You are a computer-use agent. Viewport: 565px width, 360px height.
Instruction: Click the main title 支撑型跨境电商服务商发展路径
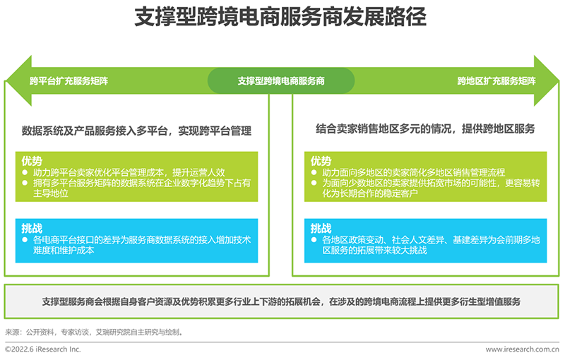coord(280,16)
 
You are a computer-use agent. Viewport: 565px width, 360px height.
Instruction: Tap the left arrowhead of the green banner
coord(18,80)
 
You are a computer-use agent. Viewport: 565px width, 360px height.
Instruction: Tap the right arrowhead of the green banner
coord(546,80)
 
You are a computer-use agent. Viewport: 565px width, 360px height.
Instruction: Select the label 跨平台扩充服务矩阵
coord(69,80)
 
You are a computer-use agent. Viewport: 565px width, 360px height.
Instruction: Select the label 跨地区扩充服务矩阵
coord(496,80)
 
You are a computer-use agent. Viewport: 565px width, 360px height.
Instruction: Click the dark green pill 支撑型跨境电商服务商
coord(281,80)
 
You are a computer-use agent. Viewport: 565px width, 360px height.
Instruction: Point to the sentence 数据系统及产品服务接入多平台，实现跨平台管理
coord(136,131)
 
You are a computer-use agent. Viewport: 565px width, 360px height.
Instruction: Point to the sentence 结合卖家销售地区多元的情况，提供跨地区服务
coord(426,128)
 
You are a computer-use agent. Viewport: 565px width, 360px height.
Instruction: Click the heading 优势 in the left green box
coord(32,160)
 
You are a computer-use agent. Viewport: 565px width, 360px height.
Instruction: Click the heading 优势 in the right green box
coord(321,160)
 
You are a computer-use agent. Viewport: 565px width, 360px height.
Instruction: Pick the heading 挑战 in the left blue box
coord(32,228)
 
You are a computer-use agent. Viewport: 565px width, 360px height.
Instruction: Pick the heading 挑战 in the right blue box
coord(321,228)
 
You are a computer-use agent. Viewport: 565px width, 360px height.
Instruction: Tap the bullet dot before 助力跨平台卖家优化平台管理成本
coord(25,172)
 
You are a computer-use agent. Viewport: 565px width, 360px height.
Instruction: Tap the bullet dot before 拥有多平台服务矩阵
coord(25,183)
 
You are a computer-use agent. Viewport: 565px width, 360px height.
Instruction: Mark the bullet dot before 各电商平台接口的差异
coord(25,239)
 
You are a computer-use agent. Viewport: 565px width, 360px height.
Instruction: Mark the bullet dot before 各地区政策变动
coord(314,239)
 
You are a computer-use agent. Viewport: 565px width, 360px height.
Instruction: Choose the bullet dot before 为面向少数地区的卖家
coord(314,183)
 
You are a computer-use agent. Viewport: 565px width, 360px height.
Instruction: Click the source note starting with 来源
coord(95,332)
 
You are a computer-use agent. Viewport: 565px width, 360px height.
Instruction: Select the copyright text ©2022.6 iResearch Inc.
coord(43,349)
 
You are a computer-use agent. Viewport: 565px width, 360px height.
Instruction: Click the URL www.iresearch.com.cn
coord(522,349)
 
